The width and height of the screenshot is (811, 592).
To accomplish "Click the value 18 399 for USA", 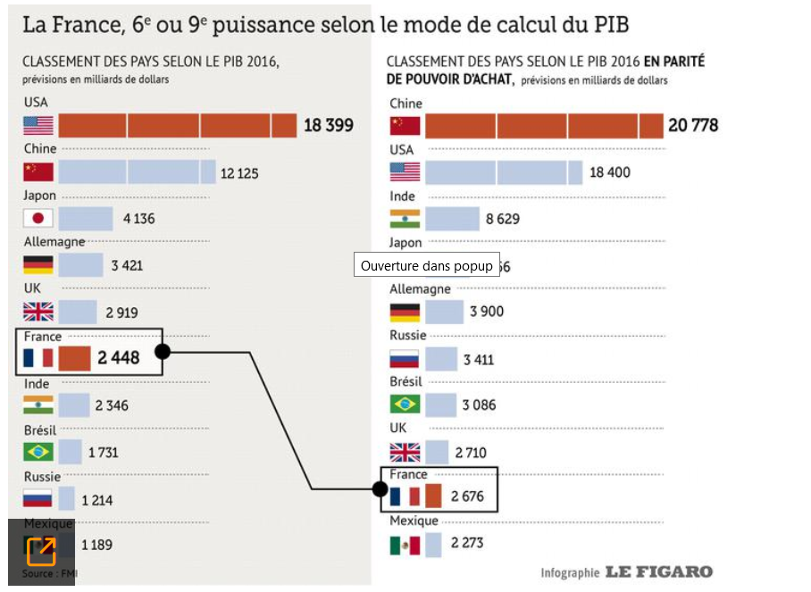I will click(328, 125).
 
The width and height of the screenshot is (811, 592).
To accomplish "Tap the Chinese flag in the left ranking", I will click(38, 171).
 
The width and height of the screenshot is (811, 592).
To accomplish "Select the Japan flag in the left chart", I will click(38, 218).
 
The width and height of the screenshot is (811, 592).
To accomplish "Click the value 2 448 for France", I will click(119, 358).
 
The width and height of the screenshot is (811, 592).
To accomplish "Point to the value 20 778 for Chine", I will click(692, 125).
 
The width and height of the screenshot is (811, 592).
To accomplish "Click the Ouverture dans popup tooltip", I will click(426, 265).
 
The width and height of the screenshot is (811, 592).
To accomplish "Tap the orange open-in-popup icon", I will click(41, 550).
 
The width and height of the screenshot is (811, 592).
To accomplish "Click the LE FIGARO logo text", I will click(658, 571).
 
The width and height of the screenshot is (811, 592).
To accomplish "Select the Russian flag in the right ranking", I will click(405, 360).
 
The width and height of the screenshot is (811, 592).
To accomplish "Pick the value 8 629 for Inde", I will click(503, 219).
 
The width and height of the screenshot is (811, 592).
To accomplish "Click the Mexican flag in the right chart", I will click(405, 545).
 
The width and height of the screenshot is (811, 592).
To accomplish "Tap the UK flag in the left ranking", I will click(38, 312).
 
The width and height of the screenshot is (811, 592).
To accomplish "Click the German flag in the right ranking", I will click(405, 312).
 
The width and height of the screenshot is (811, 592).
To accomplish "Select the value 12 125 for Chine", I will click(239, 172).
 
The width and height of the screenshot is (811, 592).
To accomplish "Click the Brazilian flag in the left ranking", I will click(38, 452).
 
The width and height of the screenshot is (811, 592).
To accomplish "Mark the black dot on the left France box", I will click(163, 351).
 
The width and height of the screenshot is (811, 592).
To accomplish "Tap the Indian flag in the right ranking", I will click(405, 219).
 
